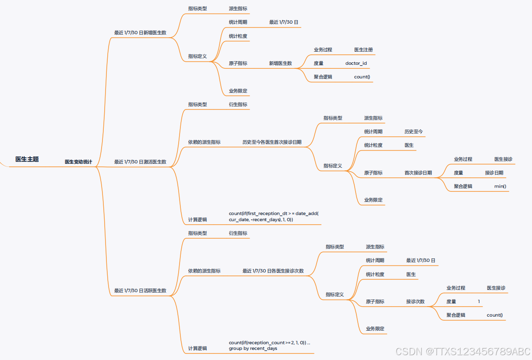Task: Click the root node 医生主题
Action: pos(27,159)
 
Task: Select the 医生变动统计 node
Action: pos(78,162)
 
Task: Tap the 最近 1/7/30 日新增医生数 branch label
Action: pos(140,33)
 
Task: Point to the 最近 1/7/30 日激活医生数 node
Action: pos(140,162)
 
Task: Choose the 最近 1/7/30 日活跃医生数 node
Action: pos(140,291)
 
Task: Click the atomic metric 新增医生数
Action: pos(280,64)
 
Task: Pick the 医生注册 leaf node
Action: pos(363,50)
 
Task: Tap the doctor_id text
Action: pos(356,64)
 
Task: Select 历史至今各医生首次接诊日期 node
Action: pos(272,142)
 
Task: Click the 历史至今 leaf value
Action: pos(413,132)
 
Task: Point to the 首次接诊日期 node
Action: pos(418,173)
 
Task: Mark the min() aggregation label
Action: pos(500,187)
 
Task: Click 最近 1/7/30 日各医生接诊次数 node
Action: pos(273,271)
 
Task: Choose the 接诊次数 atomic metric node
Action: pos(415,302)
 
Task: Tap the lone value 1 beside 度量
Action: pos(479,302)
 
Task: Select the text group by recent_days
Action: pos(253,349)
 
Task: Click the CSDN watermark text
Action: pos(463,351)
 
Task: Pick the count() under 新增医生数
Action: pos(362,77)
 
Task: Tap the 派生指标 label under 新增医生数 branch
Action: pos(238,8)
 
